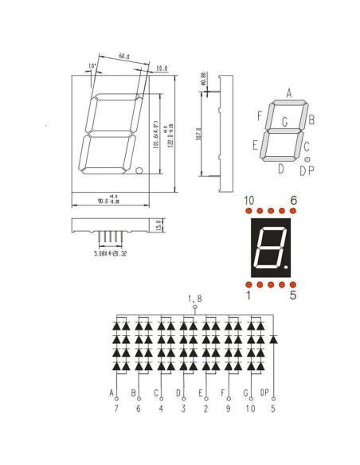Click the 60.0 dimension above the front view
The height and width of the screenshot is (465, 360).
point(124,57)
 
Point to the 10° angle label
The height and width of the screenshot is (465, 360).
point(92,66)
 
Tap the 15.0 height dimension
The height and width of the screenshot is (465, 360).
point(158,226)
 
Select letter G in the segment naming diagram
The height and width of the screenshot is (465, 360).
point(284,122)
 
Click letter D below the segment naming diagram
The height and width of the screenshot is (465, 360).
point(280,168)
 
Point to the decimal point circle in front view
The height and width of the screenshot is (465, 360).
point(139,170)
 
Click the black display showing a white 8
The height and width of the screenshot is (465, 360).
point(271,248)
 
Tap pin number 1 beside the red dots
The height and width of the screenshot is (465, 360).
point(248,295)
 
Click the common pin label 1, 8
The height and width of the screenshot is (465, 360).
point(194,298)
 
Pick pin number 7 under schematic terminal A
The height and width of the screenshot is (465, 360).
point(116,408)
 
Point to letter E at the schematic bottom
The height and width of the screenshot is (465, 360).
point(200,393)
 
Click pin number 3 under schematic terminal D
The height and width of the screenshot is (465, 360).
point(183,408)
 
